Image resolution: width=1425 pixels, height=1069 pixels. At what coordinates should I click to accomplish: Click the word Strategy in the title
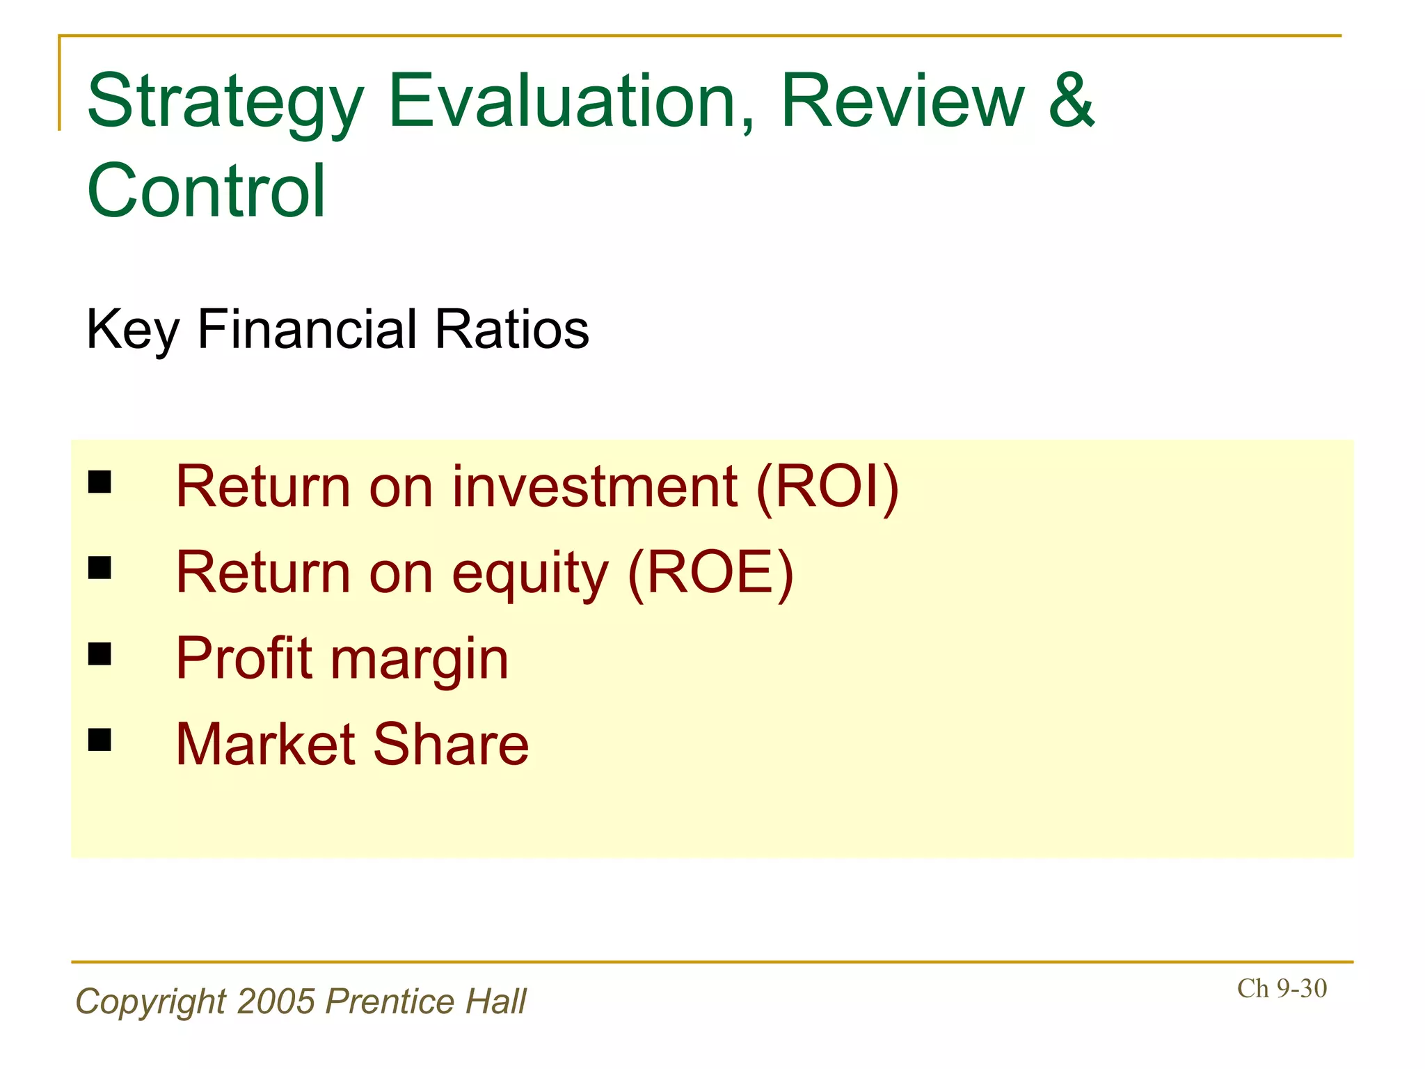(225, 103)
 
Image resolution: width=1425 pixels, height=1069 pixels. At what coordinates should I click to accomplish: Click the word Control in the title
(206, 191)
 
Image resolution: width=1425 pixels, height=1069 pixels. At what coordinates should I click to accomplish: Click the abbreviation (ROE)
(710, 573)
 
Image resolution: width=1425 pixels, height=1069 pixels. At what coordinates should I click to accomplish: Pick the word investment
(594, 486)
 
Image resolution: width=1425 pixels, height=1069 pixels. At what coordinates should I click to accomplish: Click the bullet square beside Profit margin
(99, 654)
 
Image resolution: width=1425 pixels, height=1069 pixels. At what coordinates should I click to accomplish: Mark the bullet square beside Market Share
(99, 740)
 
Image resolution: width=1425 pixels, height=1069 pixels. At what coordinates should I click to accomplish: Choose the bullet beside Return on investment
(99, 482)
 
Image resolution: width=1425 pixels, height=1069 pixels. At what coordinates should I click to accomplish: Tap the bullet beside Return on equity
(99, 568)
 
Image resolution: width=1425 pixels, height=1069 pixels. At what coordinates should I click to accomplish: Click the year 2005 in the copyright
(276, 1001)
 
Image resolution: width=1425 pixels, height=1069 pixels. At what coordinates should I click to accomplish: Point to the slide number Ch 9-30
(1282, 988)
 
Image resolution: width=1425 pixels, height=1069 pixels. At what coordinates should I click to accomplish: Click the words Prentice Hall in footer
(426, 1001)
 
